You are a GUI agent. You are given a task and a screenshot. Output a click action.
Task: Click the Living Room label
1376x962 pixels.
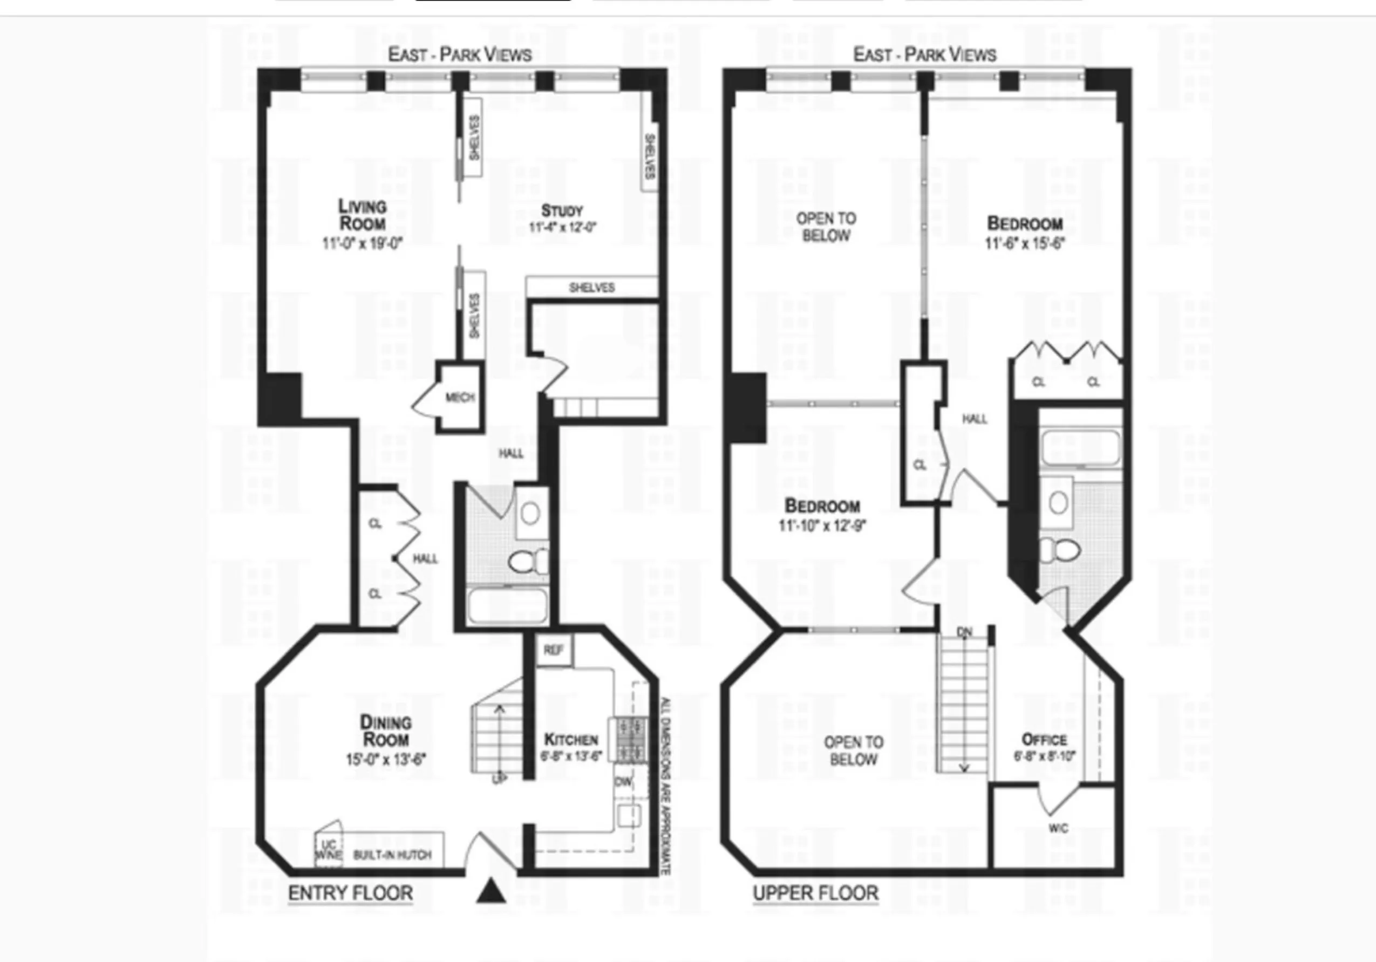[x=362, y=215]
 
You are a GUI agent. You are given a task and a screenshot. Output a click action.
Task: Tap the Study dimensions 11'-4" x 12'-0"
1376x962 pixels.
[x=562, y=227]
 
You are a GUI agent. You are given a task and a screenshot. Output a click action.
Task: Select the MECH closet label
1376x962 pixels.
[x=460, y=398]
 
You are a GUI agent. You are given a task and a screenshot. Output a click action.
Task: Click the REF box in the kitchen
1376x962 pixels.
[x=553, y=650]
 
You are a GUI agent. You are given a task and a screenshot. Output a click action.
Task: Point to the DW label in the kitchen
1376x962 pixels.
[x=623, y=782]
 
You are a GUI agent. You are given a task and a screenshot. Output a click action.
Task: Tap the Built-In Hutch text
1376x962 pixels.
[x=392, y=855]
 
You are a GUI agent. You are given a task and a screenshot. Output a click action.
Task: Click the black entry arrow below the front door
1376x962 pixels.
[x=491, y=891]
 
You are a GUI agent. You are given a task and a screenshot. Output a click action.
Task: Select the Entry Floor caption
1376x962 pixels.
[x=351, y=893]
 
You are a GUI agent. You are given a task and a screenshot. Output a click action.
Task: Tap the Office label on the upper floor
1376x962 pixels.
[x=1044, y=739]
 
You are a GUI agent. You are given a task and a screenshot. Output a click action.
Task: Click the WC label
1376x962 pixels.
[x=1058, y=828]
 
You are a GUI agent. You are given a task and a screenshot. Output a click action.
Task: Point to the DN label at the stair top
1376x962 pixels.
[x=964, y=632]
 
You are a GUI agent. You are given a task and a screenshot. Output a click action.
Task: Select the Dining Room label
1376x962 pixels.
[x=385, y=731]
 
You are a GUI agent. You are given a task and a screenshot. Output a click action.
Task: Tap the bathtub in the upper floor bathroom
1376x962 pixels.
[x=1080, y=447]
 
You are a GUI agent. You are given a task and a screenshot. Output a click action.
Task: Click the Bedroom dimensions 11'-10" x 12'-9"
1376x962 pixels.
[x=822, y=526]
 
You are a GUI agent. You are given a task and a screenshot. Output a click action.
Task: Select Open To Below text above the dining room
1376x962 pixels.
[x=854, y=751]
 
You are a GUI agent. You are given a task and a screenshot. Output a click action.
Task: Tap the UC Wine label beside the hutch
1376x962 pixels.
[x=328, y=850]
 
